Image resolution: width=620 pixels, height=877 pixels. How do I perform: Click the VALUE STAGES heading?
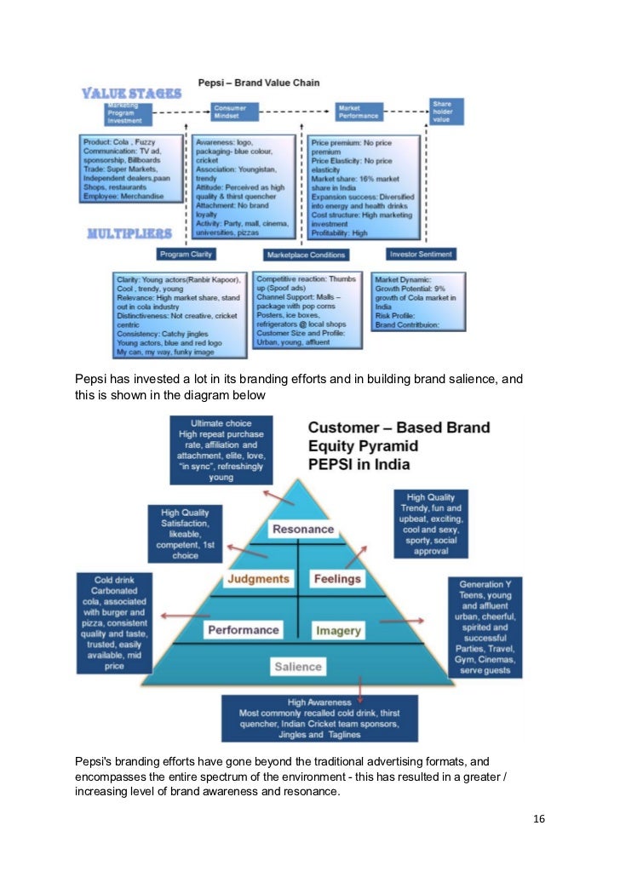click(131, 93)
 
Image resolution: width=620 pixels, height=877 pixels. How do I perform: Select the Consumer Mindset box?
click(229, 113)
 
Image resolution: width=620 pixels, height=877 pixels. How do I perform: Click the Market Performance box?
click(358, 112)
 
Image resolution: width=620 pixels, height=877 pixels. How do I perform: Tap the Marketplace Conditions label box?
click(306, 255)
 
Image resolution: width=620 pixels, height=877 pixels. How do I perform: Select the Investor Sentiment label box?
click(422, 254)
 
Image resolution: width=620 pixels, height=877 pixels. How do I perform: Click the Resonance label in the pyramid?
click(302, 529)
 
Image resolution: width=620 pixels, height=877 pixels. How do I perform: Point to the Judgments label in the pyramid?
click(258, 579)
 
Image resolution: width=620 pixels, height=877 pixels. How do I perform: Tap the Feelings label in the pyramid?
click(337, 579)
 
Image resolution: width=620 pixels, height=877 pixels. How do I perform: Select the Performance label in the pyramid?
click(243, 630)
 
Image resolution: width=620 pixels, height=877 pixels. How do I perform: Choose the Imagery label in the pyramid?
click(338, 631)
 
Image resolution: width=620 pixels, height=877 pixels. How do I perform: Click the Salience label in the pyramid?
click(298, 667)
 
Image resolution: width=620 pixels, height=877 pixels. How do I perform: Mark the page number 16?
click(538, 819)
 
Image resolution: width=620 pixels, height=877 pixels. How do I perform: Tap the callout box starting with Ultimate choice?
click(221, 450)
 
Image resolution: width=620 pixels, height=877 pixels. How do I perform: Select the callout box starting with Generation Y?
click(486, 627)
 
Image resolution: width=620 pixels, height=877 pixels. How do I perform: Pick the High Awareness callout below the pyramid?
click(319, 718)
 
